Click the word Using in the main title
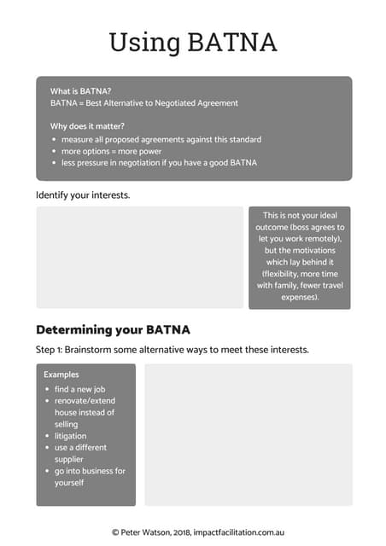143,43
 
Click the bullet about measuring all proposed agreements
161,139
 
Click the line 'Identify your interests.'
83,195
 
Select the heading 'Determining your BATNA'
113,329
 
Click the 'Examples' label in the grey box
61,375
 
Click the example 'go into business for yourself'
89,477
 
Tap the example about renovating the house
85,412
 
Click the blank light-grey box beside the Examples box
248,434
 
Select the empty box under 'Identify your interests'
139,257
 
